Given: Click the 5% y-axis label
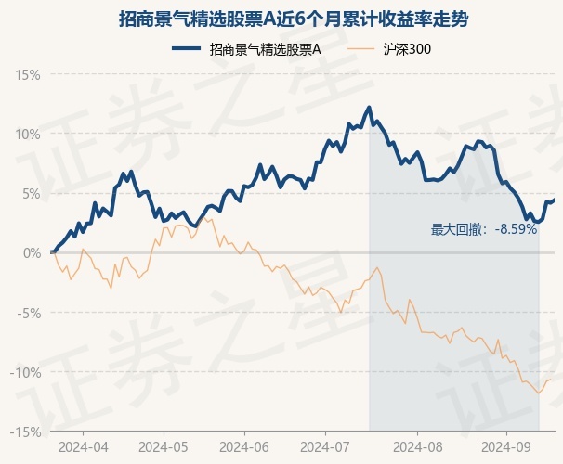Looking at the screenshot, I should pyautogui.click(x=31, y=193).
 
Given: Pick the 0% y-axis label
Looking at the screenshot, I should pyautogui.click(x=31, y=252).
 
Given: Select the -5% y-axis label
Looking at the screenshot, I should pyautogui.click(x=29, y=313).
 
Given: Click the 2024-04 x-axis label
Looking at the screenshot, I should pyautogui.click(x=82, y=446).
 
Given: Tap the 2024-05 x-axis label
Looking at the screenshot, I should pyautogui.click(x=163, y=446).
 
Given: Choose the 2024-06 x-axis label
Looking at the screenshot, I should pyautogui.click(x=243, y=446).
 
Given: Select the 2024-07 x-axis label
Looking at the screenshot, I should pyautogui.click(x=324, y=446).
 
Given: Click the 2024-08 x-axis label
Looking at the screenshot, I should pyautogui.click(x=405, y=446).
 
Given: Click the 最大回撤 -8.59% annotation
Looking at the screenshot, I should pyautogui.click(x=484, y=229).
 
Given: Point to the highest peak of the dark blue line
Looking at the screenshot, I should pyautogui.click(x=370, y=108).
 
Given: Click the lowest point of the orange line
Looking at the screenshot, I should pyautogui.click(x=538, y=393).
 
